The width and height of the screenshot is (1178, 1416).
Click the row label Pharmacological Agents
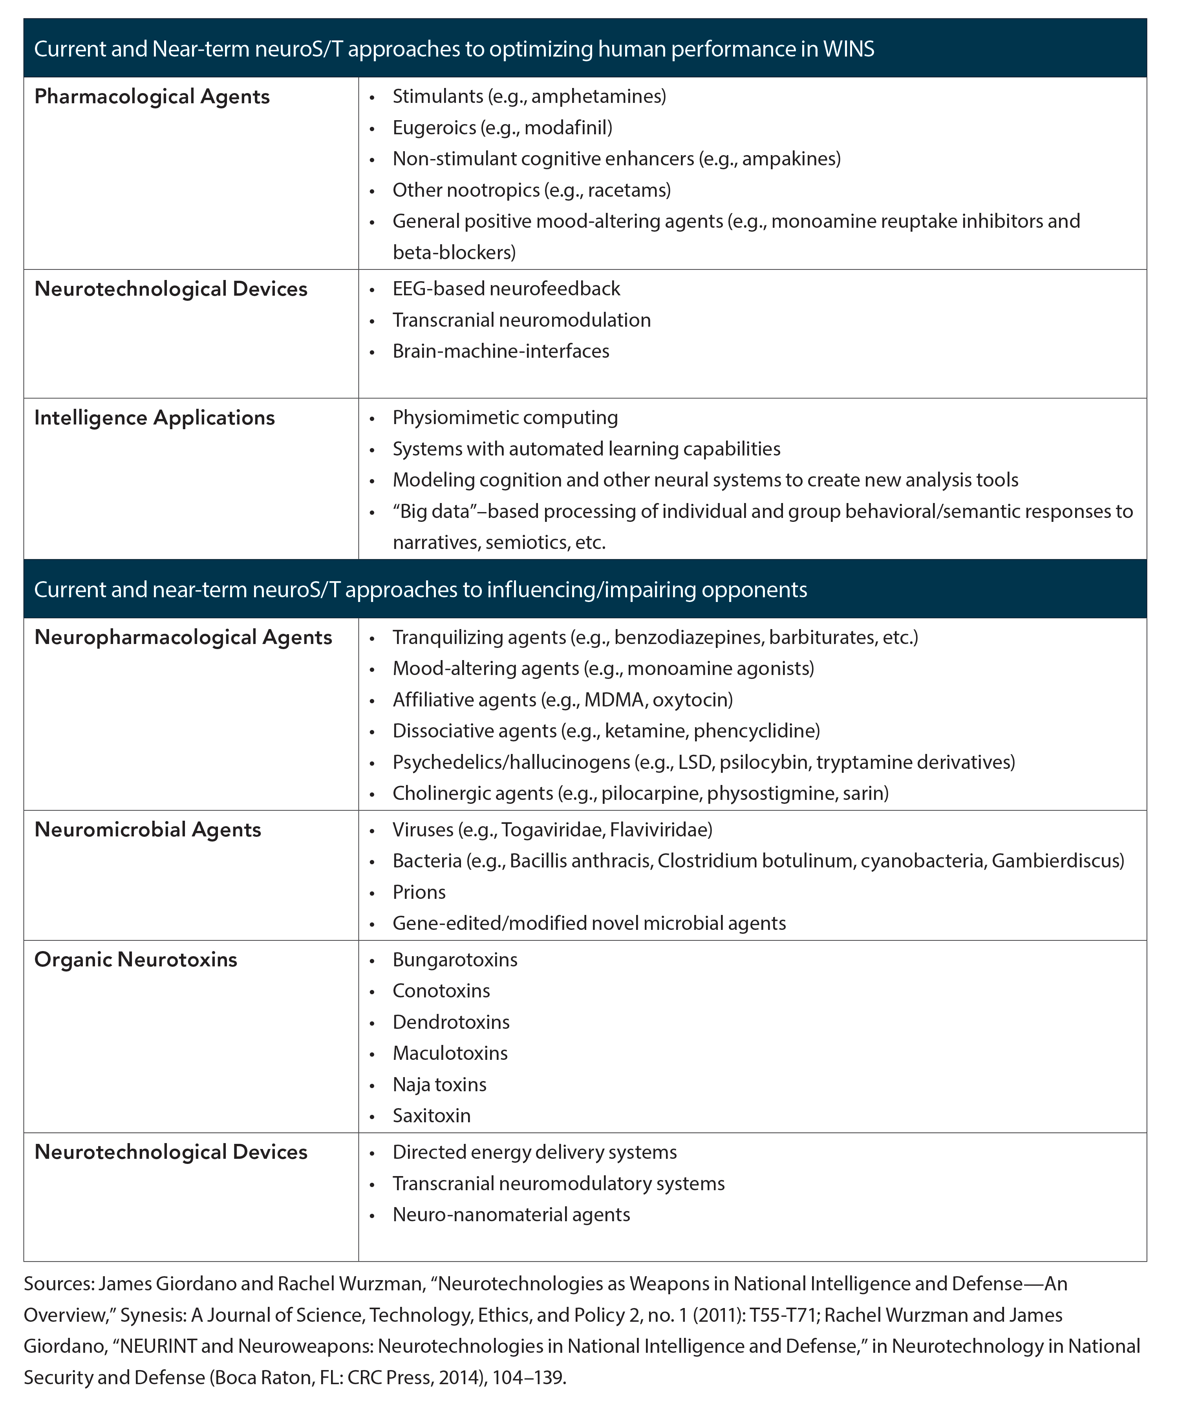152,97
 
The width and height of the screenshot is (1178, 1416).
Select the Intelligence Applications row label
154,418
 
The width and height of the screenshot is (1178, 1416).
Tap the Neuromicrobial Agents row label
148,830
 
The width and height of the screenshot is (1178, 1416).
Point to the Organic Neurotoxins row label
135,960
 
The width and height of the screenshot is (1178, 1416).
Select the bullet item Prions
419,893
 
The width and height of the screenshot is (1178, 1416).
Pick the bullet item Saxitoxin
432,1116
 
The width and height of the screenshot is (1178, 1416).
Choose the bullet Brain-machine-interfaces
500,351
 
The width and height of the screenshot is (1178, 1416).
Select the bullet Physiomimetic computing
505,418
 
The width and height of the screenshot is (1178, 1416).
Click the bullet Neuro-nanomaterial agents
511,1215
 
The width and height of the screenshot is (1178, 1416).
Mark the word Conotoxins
441,991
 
